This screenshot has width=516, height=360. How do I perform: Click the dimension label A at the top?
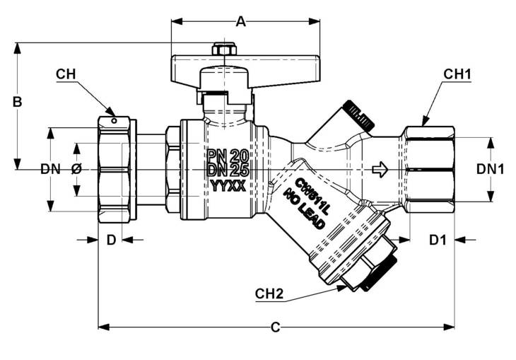[241, 22]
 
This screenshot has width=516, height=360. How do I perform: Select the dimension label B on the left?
[18, 102]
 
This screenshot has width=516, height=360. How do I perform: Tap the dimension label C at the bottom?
[275, 327]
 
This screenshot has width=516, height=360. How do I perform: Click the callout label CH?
[66, 74]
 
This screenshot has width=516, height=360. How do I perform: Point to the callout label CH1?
[457, 74]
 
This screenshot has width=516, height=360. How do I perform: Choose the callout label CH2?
[269, 294]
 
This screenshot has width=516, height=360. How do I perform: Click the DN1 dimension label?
[490, 169]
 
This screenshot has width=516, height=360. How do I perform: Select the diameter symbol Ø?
[76, 169]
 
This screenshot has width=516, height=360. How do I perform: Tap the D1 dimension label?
[438, 240]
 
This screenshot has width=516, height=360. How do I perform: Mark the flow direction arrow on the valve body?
[380, 169]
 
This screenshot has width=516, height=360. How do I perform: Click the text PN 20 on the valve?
[228, 154]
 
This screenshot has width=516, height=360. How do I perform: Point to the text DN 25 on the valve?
[228, 170]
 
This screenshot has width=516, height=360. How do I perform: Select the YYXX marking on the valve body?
[228, 187]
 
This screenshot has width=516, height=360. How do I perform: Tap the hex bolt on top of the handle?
[224, 49]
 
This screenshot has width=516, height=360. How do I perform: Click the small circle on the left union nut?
[114, 120]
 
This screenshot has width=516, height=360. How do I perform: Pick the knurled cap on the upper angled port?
[358, 115]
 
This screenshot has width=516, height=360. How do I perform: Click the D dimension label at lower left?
[111, 240]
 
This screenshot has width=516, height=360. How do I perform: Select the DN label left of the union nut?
[50, 169]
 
